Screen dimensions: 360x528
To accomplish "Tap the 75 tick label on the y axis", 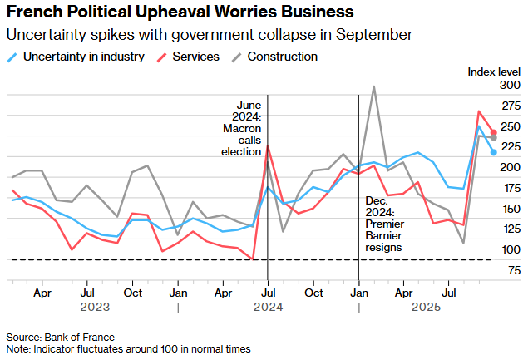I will (x=514, y=270).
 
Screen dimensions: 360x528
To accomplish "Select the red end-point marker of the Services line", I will (x=494, y=132).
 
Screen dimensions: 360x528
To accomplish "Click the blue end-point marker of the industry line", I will (x=494, y=151).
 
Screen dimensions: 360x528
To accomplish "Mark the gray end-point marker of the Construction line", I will (x=494, y=137).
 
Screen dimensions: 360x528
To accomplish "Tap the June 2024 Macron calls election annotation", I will (x=241, y=128).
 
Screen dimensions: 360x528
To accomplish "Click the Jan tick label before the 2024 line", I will (x=178, y=293).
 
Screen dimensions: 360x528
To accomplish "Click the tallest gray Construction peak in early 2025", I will (x=374, y=86).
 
